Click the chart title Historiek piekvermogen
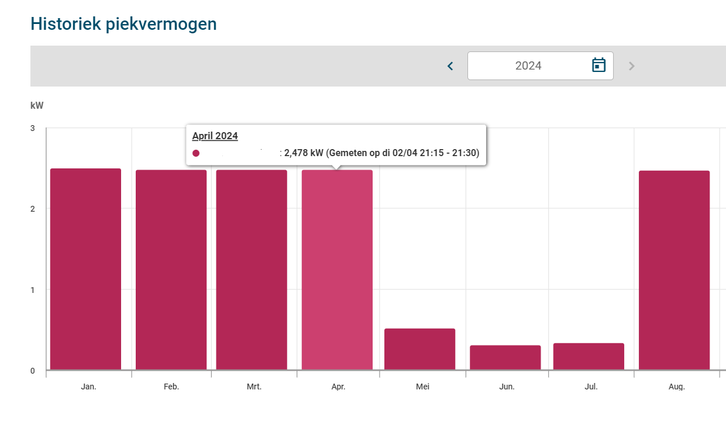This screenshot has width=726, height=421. pyautogui.click(x=123, y=24)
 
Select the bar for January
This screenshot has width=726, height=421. pyautogui.click(x=85, y=269)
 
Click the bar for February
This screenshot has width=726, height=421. pyautogui.click(x=171, y=270)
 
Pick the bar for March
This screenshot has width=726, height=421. pyautogui.click(x=252, y=270)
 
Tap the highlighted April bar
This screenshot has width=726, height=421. pyautogui.click(x=337, y=270)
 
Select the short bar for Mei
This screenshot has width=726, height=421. pyautogui.click(x=419, y=349)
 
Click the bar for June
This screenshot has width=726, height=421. pyautogui.click(x=505, y=357)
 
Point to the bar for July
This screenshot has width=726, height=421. pyautogui.click(x=589, y=356)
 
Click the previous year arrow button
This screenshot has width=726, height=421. pyautogui.click(x=450, y=66)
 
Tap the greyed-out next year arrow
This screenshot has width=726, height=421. pyautogui.click(x=631, y=66)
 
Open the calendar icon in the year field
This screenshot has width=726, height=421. pyautogui.click(x=598, y=65)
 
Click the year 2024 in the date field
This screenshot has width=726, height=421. pyautogui.click(x=528, y=66)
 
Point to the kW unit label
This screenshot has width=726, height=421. pyautogui.click(x=37, y=106)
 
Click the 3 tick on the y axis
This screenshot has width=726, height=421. pyautogui.click(x=33, y=128)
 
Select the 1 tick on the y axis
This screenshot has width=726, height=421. pyautogui.click(x=33, y=290)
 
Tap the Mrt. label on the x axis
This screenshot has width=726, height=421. pyautogui.click(x=254, y=387)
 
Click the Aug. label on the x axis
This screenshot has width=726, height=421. pyautogui.click(x=676, y=387)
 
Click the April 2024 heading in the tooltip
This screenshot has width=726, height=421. pyautogui.click(x=215, y=136)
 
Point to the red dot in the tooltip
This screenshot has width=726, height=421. pyautogui.click(x=196, y=153)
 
